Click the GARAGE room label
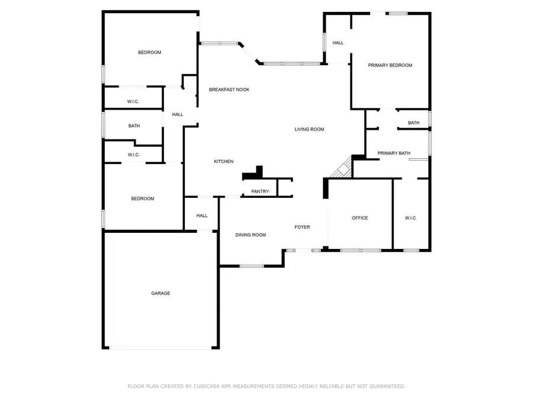pos(160,293)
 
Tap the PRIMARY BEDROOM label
pos(390,65)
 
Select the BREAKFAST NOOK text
pos(229,89)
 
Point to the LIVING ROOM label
pos(309,129)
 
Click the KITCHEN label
pos(223,162)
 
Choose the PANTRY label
pos(260,191)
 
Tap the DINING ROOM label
pos(251,235)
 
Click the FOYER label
pos(302,227)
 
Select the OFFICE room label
pos(359,218)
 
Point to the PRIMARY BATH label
pos(394,153)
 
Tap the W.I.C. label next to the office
pos(411,218)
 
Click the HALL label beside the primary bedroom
pos(338,43)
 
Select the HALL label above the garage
pos(202,216)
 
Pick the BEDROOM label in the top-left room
pos(149,53)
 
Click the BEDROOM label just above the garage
pos(142,199)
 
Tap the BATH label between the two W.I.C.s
pos(134,126)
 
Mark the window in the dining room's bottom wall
pos(252,266)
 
